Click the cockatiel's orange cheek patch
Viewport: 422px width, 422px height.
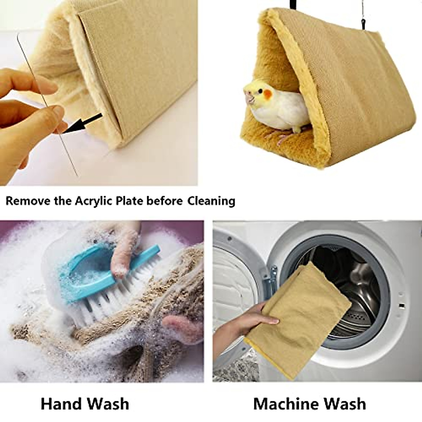(x=268, y=94)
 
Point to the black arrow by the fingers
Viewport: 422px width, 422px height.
(x=83, y=123)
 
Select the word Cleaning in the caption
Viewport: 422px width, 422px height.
(x=211, y=201)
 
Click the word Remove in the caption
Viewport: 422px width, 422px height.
(x=28, y=201)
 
